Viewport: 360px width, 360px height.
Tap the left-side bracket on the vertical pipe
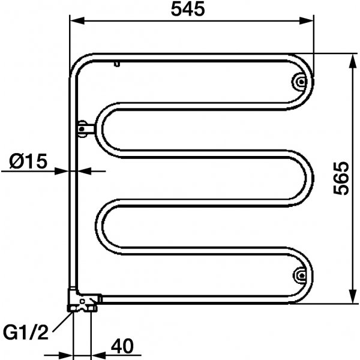(84, 127)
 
